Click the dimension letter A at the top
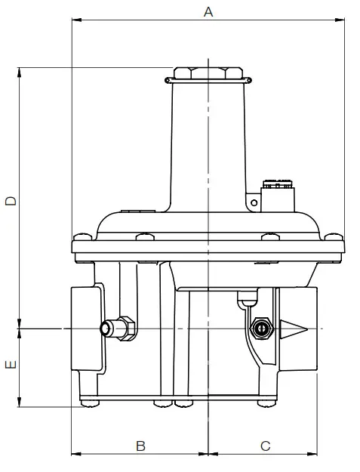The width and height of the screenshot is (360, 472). point(208,11)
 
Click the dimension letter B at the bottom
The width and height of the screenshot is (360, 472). point(140,446)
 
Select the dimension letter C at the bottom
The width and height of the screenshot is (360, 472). point(265,446)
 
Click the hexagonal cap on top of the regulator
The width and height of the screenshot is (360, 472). point(208,73)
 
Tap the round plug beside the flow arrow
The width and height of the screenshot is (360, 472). point(261,329)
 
